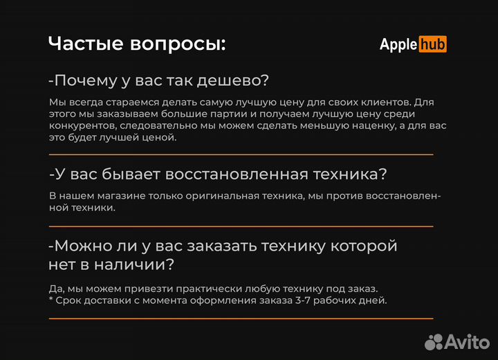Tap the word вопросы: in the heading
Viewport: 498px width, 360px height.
click(178, 44)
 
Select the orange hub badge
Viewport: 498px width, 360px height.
click(432, 44)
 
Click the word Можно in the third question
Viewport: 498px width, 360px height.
click(82, 246)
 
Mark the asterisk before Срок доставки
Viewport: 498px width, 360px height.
click(51, 299)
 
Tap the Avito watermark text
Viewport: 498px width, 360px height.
click(466, 341)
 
